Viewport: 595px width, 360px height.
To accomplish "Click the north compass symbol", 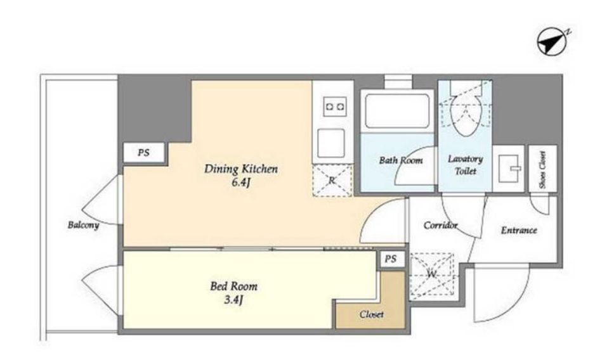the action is click(x=552, y=43).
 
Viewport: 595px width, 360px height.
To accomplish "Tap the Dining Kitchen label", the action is click(x=241, y=169).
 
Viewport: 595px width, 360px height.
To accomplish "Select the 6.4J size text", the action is click(x=241, y=183).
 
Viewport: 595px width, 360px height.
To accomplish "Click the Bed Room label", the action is click(x=233, y=286).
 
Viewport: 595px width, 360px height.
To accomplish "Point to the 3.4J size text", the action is click(x=233, y=300).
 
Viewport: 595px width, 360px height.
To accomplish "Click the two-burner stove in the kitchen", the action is click(x=335, y=106).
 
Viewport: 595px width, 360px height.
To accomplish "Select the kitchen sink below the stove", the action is click(x=331, y=143).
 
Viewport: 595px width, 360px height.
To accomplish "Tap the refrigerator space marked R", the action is click(x=332, y=180).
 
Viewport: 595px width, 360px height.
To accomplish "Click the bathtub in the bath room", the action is click(x=396, y=110).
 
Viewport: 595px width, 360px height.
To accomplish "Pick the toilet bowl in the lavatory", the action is click(x=465, y=114).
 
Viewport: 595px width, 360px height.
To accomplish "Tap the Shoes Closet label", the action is click(x=542, y=170).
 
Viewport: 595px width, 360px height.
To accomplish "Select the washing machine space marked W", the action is click(x=432, y=274).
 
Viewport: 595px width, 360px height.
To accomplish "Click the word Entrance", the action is click(x=519, y=230).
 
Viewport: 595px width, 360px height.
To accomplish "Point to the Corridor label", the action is click(x=440, y=225).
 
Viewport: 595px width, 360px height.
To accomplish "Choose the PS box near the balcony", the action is click(x=144, y=153).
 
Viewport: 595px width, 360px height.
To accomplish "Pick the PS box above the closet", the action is click(x=391, y=259).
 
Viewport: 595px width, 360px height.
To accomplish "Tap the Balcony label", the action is click(x=83, y=225).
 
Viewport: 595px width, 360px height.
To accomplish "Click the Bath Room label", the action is click(x=401, y=160).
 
